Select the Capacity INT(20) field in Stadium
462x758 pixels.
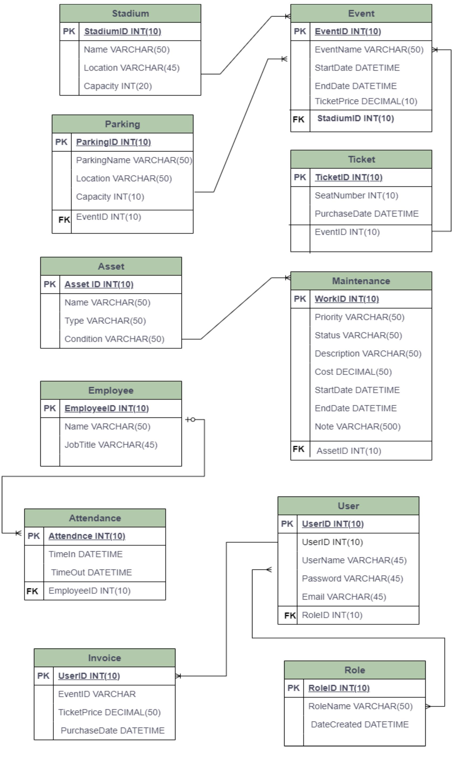[118, 86]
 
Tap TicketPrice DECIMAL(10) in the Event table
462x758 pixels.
[366, 101]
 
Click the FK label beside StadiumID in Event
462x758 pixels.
[298, 119]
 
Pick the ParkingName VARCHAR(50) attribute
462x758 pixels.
[134, 160]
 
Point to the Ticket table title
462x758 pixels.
[361, 159]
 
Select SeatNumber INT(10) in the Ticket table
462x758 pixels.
[356, 195]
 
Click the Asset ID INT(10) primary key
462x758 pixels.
[99, 284]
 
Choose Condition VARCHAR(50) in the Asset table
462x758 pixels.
[114, 339]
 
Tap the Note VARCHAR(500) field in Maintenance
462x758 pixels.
[357, 427]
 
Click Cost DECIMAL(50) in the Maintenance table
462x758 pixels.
[353, 372]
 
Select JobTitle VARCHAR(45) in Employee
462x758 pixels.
[111, 445]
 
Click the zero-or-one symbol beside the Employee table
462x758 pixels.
[191, 420]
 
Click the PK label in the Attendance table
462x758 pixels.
[34, 536]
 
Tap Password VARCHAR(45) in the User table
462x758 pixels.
[352, 579]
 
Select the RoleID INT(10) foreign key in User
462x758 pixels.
[332, 615]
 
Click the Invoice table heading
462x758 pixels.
[105, 658]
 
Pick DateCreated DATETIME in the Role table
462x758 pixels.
[359, 724]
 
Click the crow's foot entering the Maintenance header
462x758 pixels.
[288, 278]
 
